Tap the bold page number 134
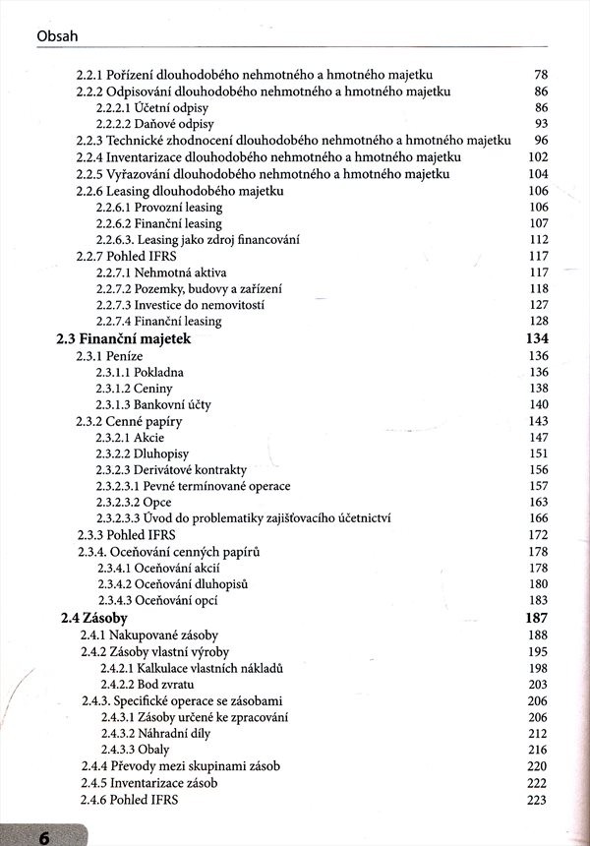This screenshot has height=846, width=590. (x=532, y=338)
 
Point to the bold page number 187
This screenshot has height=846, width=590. (x=532, y=618)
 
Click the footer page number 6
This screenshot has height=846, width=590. (x=44, y=837)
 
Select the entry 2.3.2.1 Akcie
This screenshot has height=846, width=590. (x=133, y=437)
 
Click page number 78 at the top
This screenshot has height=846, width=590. (x=540, y=75)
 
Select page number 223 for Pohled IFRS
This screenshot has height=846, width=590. (x=536, y=800)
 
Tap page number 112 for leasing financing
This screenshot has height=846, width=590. (x=536, y=240)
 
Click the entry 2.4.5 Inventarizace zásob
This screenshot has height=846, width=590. (x=149, y=783)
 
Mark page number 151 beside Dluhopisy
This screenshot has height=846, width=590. (x=536, y=453)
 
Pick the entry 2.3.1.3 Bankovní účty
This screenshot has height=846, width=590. (x=152, y=404)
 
